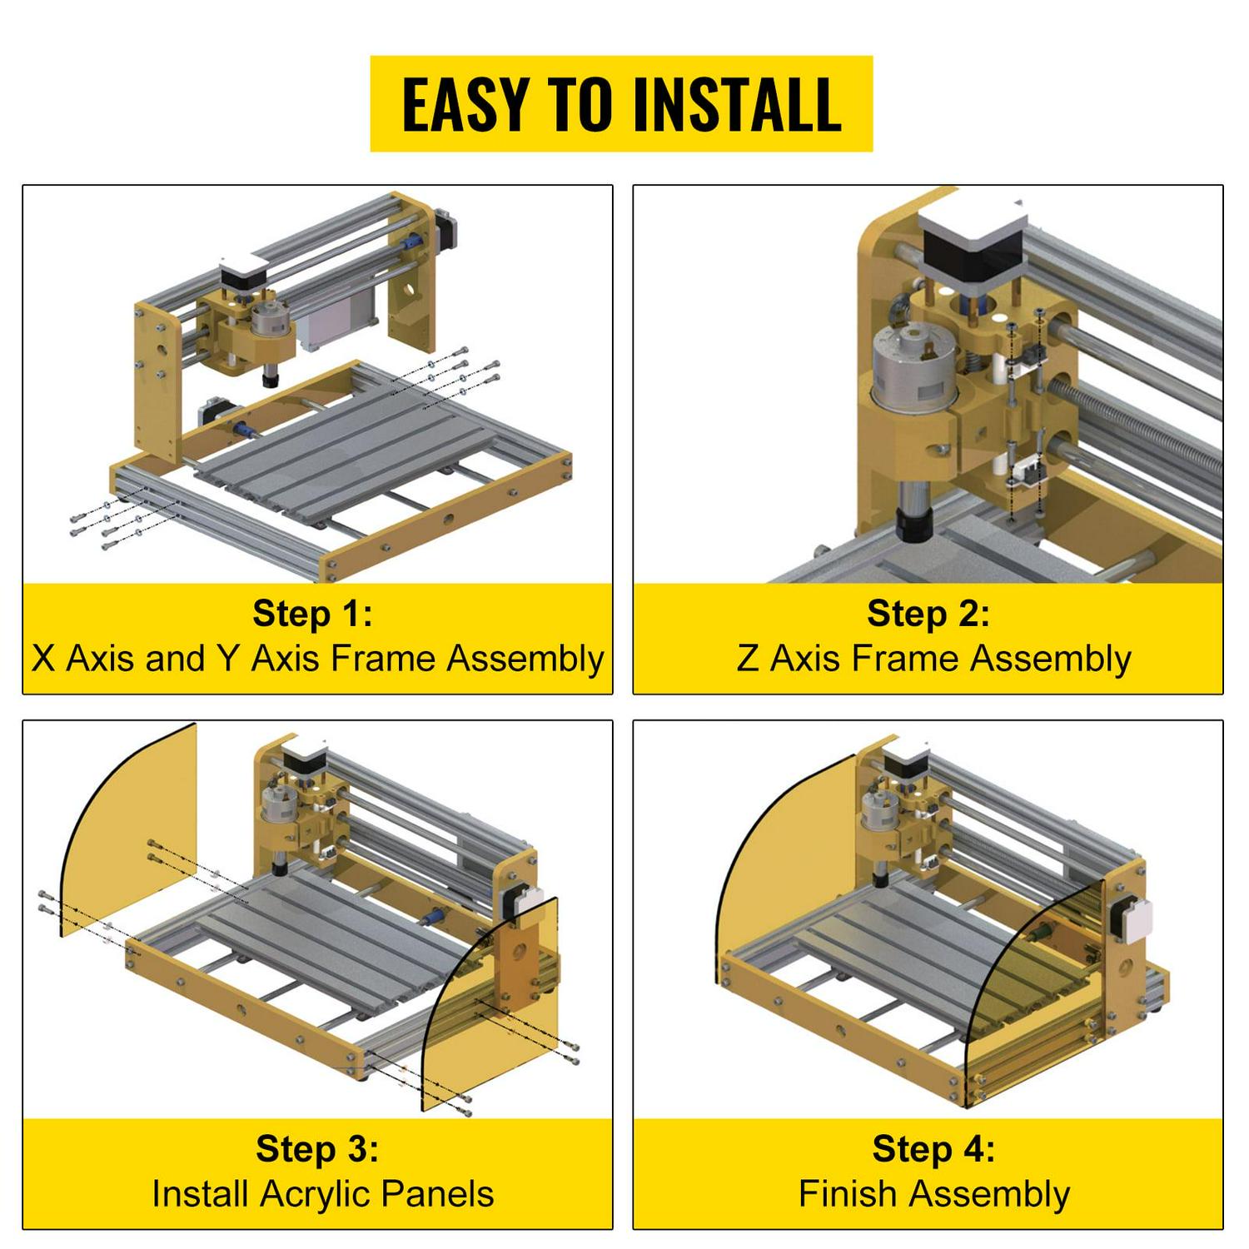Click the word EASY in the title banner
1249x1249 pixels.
(x=465, y=105)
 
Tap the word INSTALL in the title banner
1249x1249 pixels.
(x=737, y=105)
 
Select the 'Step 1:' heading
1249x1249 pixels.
(x=313, y=614)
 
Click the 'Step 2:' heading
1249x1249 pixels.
(x=928, y=614)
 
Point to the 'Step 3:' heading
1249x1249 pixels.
(x=317, y=1148)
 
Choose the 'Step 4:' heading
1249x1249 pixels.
(x=933, y=1148)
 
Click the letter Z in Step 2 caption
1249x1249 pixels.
(x=747, y=659)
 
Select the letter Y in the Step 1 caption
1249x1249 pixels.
(x=227, y=659)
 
